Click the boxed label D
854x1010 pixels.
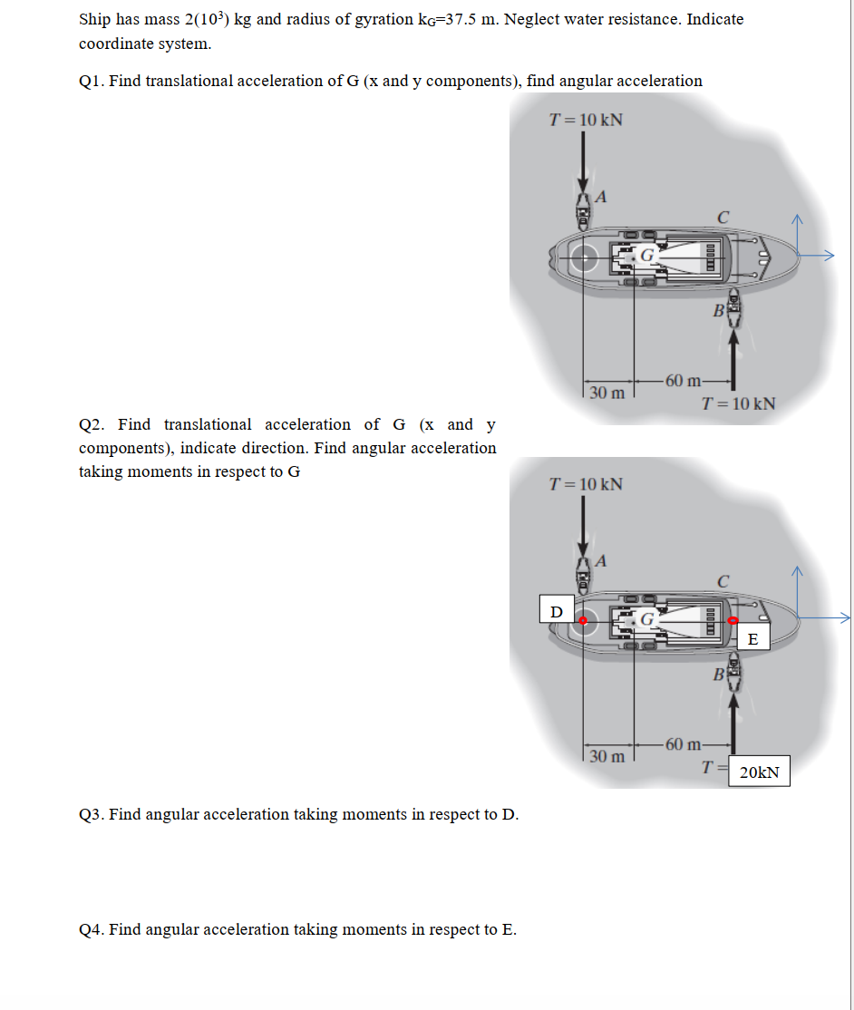click(557, 610)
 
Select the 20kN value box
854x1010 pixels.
click(760, 772)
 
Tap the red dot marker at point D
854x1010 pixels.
click(584, 621)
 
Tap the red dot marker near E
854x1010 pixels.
click(733, 621)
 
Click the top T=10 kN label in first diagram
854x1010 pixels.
click(587, 121)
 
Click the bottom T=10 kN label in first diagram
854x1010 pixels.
click(739, 403)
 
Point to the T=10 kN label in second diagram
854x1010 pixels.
click(587, 483)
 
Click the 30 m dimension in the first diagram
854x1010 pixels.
click(607, 393)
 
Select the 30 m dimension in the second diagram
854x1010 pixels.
click(607, 756)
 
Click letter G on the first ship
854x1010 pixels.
click(647, 255)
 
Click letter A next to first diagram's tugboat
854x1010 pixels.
click(600, 198)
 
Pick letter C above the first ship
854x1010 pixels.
click(722, 218)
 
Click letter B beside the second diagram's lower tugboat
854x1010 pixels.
click(717, 675)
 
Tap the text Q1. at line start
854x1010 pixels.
click(91, 81)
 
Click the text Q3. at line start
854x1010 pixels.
click(91, 814)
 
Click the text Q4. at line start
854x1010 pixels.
click(91, 929)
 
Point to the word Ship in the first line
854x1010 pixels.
click(95, 19)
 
